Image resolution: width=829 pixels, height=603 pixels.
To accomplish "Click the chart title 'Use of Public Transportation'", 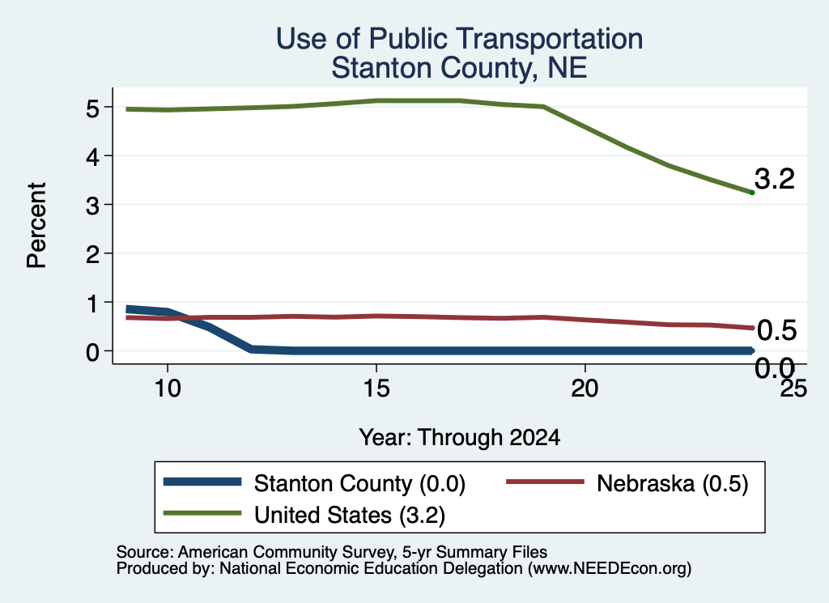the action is point(460,39).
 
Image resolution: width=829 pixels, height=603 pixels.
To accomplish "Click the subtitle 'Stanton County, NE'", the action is point(460,68).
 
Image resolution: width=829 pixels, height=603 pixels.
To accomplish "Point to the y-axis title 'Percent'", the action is point(36,225).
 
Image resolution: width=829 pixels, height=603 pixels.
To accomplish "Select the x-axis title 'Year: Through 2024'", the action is point(460,438).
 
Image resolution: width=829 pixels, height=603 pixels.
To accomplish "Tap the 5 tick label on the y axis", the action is point(92,108).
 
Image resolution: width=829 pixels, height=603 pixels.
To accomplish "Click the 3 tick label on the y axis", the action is point(92,206).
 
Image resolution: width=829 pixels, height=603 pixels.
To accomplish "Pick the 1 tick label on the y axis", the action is point(93,304).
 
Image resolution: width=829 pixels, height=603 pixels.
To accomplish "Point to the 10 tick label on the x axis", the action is point(168,389).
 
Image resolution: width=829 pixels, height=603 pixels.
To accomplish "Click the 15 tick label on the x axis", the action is point(376,389).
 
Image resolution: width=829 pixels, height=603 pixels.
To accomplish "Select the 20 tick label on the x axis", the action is point(585,389).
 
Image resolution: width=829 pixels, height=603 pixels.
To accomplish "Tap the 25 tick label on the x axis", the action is point(793,389).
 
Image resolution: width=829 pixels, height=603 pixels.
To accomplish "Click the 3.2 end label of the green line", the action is point(775,179).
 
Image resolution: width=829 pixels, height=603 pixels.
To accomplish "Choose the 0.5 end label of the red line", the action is point(776,331).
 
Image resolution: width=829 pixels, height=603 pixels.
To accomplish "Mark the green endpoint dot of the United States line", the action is point(752,193).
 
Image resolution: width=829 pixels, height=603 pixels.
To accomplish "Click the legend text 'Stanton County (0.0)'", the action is point(359,483).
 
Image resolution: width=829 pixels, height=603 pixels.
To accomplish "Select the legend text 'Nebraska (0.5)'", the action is point(673,483).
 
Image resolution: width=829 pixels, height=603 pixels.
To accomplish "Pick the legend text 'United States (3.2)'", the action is point(350,516).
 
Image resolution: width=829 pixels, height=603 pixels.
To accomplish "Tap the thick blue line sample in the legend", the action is point(202,482).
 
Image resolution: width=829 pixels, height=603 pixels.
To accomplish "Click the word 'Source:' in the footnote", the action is point(145,552).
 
